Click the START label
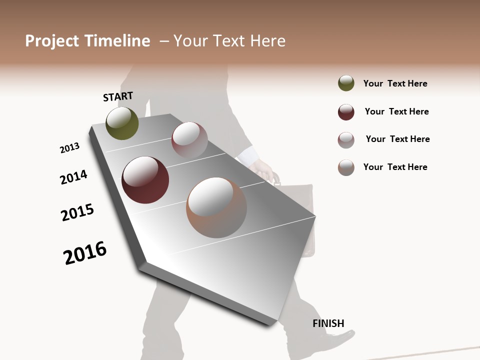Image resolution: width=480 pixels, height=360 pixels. click(x=118, y=96)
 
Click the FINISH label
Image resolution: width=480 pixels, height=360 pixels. click(x=328, y=323)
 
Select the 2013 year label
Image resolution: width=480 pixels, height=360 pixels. click(x=69, y=148)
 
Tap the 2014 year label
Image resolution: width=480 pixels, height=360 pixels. click(x=73, y=177)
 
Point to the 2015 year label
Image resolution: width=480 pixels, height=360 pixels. click(x=77, y=212)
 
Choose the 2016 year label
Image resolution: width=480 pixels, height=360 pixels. click(x=85, y=253)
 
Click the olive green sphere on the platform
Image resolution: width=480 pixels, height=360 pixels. click(x=122, y=123)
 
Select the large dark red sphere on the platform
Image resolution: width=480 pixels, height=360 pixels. click(x=145, y=180)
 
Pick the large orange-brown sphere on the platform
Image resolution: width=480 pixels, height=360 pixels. click(x=216, y=207)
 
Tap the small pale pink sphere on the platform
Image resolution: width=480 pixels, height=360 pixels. click(x=189, y=139)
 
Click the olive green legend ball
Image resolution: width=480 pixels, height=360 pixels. click(x=346, y=83)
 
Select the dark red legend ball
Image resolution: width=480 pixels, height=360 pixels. click(x=346, y=112)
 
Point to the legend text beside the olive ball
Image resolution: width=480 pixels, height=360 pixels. click(x=395, y=83)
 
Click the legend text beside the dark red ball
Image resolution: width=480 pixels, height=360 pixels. click(x=396, y=111)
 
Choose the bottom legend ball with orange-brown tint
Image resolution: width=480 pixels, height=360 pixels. click(x=346, y=167)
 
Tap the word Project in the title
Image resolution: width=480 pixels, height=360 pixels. click(x=52, y=41)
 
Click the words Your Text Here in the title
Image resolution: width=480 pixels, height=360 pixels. click(x=229, y=41)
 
